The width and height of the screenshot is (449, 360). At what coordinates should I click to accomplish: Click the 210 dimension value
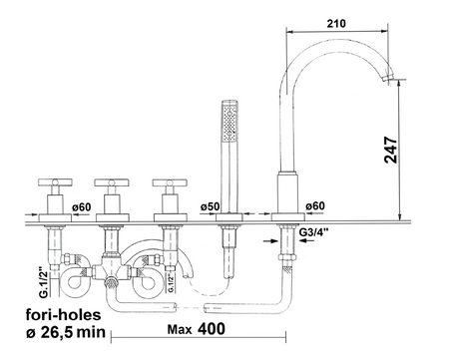(336, 24)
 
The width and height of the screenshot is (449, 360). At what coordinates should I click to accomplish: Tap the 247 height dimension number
(391, 150)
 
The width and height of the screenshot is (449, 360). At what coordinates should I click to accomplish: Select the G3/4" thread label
(313, 232)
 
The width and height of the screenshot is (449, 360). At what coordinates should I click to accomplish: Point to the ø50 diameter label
(210, 206)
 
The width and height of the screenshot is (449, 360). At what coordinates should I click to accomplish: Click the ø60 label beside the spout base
(315, 206)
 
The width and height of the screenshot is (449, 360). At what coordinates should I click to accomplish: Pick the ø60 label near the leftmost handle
(82, 207)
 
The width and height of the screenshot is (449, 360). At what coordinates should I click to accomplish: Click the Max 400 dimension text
(197, 329)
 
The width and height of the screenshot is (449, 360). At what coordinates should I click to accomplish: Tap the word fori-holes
(63, 314)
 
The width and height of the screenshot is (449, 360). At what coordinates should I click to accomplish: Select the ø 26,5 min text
(66, 332)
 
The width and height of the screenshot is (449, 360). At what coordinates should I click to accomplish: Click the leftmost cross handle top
(55, 181)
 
